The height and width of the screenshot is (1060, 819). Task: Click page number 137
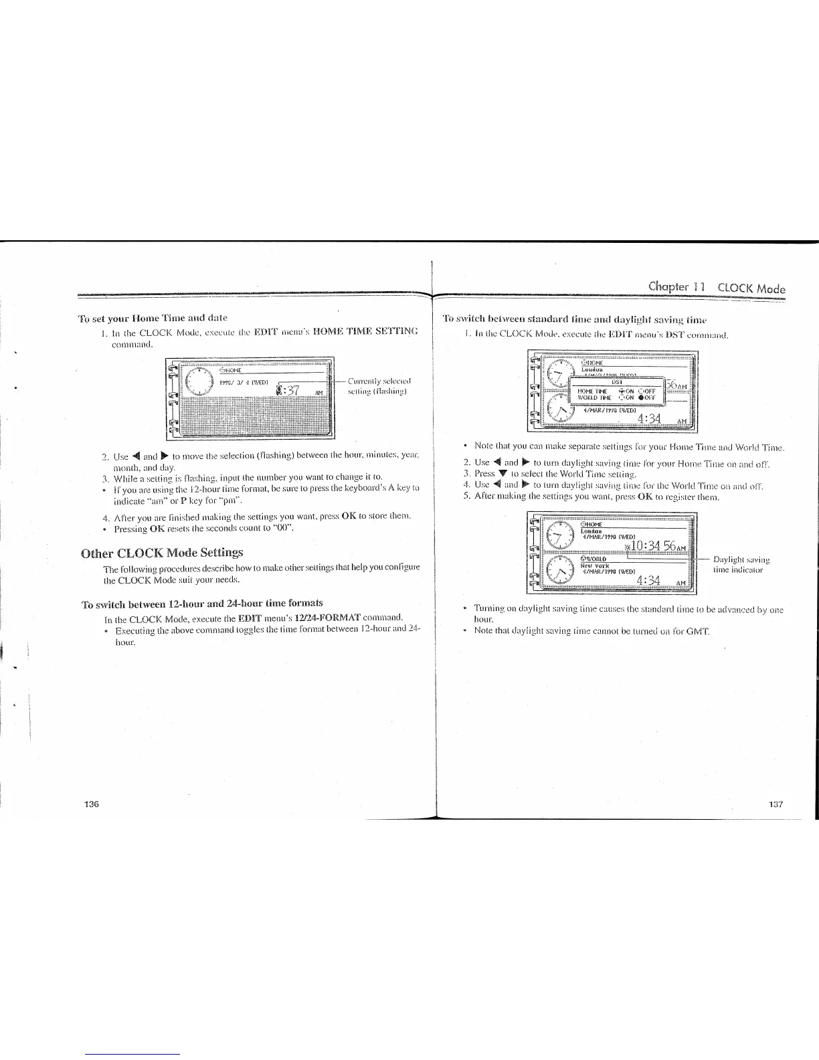coord(776,804)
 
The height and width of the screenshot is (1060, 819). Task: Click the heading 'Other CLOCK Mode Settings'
coord(162,552)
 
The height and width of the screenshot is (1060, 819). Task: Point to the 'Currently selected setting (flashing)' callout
coord(379,386)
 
